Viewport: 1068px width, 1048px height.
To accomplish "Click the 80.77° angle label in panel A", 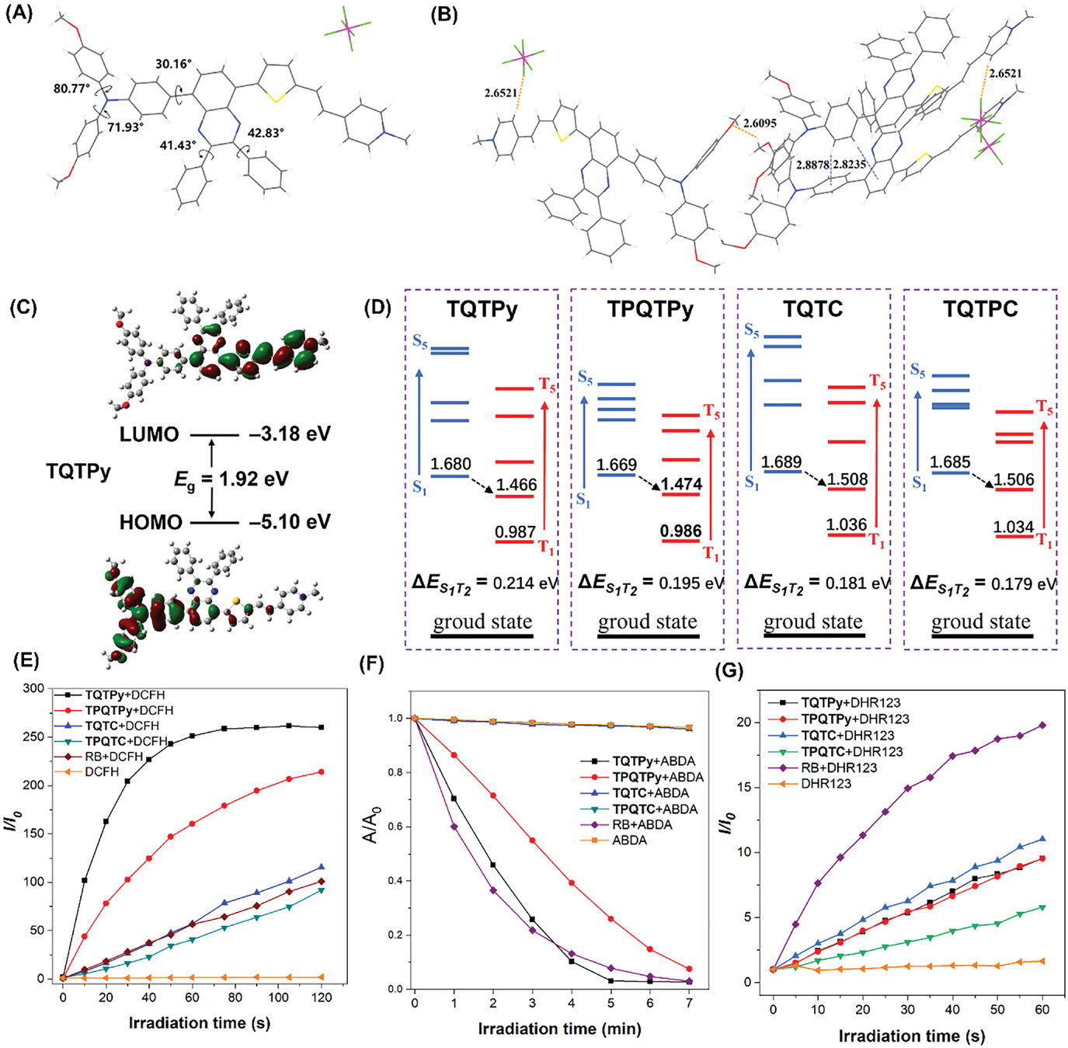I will [x=71, y=89].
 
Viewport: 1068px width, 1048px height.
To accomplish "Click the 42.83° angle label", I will [x=266, y=133].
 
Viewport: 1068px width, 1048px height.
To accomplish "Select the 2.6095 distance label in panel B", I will [x=760, y=123].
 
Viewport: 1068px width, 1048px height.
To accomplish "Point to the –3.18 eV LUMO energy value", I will [x=290, y=433].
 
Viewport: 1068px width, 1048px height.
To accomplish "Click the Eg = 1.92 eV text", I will [x=231, y=479].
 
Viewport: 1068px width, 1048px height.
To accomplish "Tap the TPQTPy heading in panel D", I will [x=650, y=309].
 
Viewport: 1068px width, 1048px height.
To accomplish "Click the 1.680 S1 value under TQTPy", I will [x=451, y=464].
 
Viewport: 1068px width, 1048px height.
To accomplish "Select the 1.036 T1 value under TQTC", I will [x=846, y=524].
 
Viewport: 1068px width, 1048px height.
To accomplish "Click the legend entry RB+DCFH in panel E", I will [x=114, y=756].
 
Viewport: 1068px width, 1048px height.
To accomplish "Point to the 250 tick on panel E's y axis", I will [x=34, y=736].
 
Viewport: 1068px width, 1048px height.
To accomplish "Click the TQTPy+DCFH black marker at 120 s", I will [x=321, y=727].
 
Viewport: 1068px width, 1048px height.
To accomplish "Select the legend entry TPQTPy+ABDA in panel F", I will [x=658, y=777].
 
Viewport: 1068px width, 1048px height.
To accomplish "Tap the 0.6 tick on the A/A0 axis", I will [x=395, y=826].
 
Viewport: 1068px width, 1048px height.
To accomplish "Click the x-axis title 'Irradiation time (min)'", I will [x=559, y=1029].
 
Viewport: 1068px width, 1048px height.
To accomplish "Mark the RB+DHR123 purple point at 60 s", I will [x=1042, y=726].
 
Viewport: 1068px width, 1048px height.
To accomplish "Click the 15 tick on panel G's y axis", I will [x=746, y=787].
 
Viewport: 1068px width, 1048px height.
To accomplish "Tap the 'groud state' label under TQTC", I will [x=813, y=621].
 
